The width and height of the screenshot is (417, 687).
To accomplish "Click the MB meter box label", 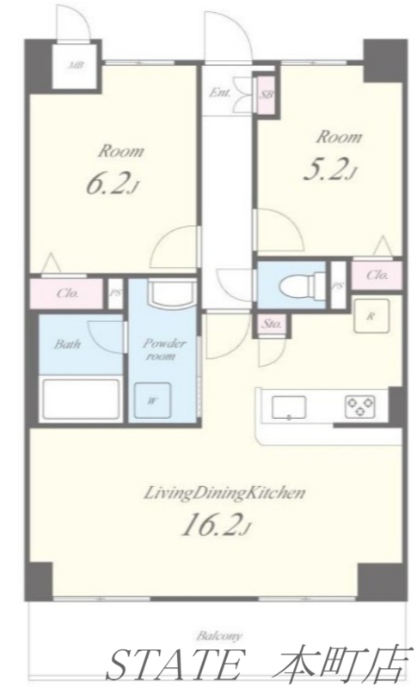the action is [76, 66].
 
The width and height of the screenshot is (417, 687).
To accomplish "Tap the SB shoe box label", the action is [266, 94].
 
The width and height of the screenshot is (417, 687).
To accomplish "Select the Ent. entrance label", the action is [219, 93].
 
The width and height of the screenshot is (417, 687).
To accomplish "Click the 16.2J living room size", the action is [216, 526].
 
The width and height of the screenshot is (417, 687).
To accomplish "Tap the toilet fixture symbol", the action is [302, 285].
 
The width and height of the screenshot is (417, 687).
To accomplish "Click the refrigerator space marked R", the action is [371, 317].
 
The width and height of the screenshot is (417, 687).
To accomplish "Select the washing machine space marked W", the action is [152, 399].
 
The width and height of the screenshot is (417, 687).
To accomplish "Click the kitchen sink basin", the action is [289, 407].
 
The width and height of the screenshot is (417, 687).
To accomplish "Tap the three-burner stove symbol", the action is [359, 406].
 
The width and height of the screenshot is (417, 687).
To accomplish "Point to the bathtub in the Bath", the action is [81, 399].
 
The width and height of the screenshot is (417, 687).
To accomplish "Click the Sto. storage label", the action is [273, 325].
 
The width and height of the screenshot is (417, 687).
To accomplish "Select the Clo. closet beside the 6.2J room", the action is [68, 293].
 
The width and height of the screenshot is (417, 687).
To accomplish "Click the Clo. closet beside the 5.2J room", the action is [377, 275].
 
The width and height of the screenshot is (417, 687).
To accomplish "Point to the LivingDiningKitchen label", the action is [225, 493].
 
